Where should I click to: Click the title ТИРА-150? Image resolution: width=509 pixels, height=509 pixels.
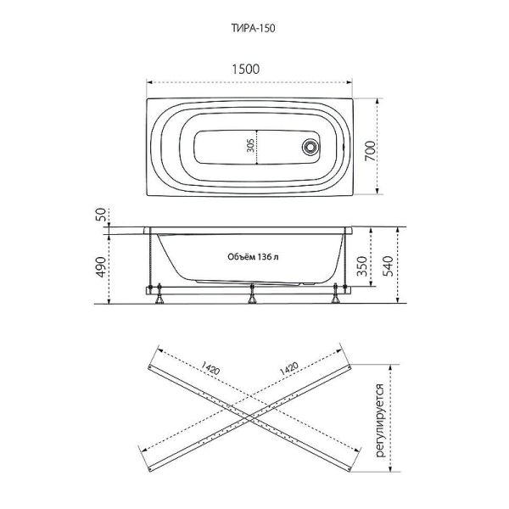point(253,28)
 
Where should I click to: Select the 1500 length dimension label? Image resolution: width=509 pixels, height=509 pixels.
point(245,70)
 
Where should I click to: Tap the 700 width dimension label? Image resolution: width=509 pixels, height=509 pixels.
point(370,151)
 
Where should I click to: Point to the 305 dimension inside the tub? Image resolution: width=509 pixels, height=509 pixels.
point(250,146)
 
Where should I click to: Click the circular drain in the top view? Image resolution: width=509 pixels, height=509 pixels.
point(310,147)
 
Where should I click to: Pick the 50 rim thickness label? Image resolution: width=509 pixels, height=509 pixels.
point(101,215)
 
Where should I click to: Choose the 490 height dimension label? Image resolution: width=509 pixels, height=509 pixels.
point(101,267)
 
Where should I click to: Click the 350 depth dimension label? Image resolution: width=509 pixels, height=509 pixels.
point(361,266)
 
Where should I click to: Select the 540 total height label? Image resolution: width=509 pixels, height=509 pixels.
point(388,266)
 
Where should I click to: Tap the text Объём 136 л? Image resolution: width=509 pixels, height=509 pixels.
point(253,257)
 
